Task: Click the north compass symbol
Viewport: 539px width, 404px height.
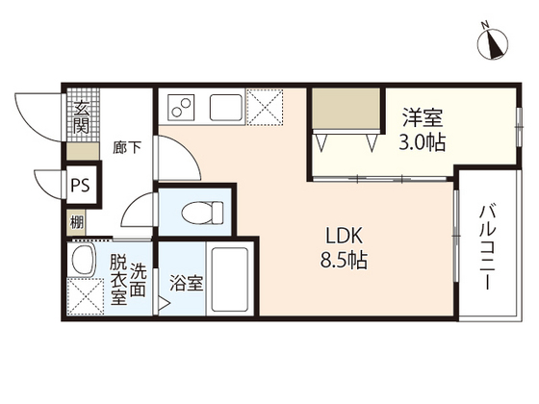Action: point(492,43)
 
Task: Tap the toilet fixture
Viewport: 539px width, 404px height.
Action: point(202,211)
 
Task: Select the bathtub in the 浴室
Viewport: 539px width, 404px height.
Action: point(229,279)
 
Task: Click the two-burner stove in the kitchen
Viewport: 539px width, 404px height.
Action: point(181,107)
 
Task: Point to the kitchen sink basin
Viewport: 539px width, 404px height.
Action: point(225,107)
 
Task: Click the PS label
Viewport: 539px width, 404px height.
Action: point(80,186)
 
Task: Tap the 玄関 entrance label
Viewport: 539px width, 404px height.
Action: point(82,116)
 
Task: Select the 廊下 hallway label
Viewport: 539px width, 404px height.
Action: point(127,147)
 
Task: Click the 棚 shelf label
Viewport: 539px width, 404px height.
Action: point(77,222)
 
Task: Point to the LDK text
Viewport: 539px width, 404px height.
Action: point(344,236)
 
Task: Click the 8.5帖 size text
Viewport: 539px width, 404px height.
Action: point(344,261)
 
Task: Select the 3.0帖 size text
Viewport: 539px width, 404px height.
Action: point(422,142)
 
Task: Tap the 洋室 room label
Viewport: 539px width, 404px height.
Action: point(423,117)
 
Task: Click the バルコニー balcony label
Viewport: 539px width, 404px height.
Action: point(487,246)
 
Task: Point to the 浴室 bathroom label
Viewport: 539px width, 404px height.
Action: point(187,283)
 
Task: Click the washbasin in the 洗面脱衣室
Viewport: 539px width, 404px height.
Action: point(82,260)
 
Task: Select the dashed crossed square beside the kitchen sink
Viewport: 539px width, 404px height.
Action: point(265,107)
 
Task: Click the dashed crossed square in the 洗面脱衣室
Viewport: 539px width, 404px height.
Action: point(85,296)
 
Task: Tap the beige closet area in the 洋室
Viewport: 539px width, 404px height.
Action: point(346,109)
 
